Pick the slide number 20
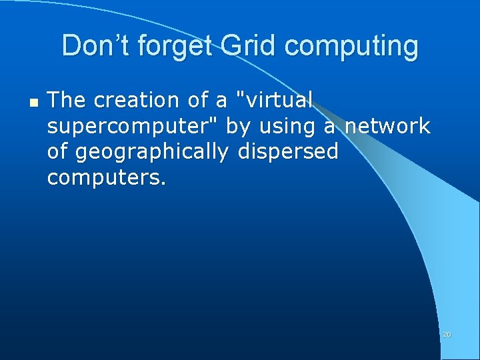pyautogui.click(x=447, y=334)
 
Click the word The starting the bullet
pyautogui.click(x=67, y=100)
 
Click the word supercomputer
pyautogui.click(x=133, y=127)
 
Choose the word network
pyautogui.click(x=387, y=125)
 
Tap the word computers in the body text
pyautogui.click(x=106, y=178)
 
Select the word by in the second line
pyautogui.click(x=237, y=127)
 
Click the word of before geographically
pyautogui.click(x=58, y=152)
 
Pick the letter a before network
pyautogui.click(x=329, y=127)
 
